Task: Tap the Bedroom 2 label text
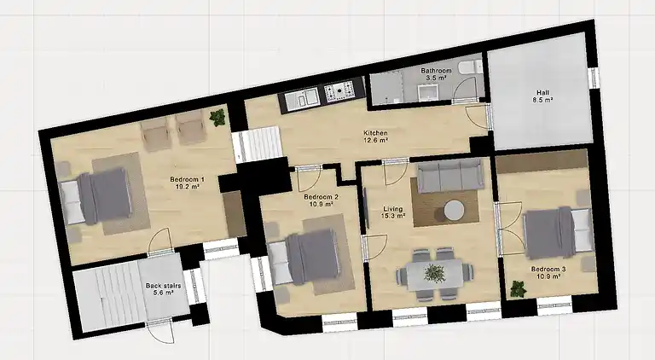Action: tap(322, 197)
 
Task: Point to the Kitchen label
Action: tap(375, 133)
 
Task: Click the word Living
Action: tap(392, 208)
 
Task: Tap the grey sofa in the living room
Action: tap(449, 175)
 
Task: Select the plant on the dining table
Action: tap(435, 273)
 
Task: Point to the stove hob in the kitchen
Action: tap(339, 90)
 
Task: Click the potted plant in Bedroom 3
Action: tap(518, 288)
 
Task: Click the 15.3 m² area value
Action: tap(392, 216)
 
